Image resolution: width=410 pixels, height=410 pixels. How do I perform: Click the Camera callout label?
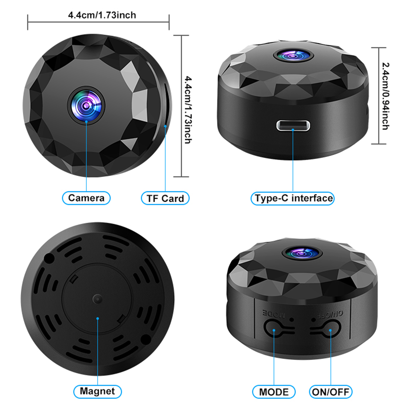(86, 198)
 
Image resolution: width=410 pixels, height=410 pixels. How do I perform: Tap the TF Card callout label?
(165, 198)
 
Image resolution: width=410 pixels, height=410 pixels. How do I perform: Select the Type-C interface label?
(293, 198)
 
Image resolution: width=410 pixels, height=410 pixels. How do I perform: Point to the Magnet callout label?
(97, 391)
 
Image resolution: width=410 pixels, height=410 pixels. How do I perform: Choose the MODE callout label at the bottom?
(274, 392)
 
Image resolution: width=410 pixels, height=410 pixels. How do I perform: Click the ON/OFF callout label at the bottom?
(331, 392)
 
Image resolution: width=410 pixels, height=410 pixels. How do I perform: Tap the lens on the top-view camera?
(86, 105)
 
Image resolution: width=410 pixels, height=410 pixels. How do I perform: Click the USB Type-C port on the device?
(293, 126)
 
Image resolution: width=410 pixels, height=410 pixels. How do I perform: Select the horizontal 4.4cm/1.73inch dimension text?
(102, 15)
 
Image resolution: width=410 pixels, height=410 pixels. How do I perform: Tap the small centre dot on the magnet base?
(97, 299)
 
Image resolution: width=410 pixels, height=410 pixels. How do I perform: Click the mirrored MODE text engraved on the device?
(274, 314)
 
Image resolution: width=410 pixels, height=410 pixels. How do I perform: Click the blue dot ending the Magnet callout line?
(98, 318)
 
